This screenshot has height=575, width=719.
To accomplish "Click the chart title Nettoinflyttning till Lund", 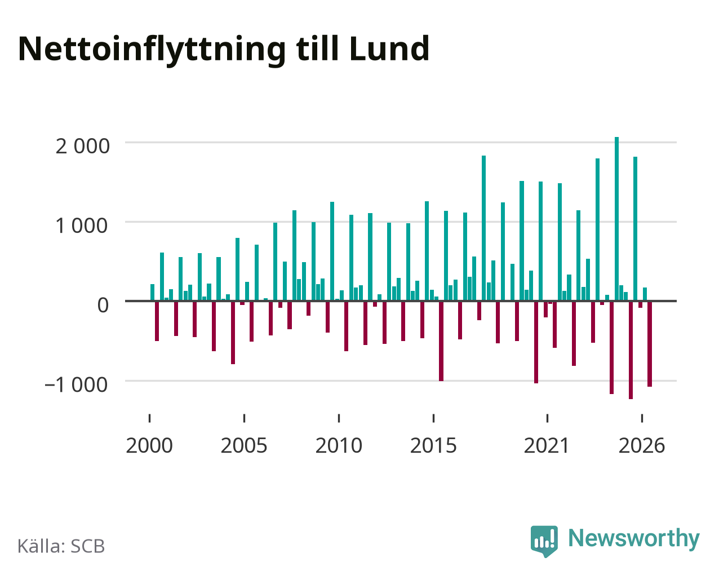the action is click(224, 50).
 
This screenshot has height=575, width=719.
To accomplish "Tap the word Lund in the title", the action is click(389, 48).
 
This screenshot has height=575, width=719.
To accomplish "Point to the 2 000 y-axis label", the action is click(82, 147).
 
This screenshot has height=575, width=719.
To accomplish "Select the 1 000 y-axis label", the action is click(82, 225).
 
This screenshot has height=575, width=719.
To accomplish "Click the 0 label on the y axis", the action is click(103, 305).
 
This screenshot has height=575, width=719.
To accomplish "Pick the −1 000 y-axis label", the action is click(76, 385).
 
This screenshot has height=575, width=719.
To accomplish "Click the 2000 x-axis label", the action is click(149, 446).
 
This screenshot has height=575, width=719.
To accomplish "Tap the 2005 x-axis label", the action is click(244, 446).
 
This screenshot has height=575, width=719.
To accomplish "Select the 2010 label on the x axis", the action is click(339, 446).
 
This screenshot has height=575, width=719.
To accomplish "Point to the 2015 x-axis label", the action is click(433, 446).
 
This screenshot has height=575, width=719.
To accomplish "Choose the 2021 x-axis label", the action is click(547, 446).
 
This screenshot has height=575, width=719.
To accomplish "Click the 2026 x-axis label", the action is click(642, 446).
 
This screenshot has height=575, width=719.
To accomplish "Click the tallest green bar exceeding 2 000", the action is click(617, 219).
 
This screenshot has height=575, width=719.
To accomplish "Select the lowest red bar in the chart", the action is click(631, 350).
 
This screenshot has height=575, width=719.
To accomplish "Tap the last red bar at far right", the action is click(650, 344).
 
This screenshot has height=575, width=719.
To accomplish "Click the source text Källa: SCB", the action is click(61, 546).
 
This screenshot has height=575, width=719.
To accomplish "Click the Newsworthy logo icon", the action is click(544, 541).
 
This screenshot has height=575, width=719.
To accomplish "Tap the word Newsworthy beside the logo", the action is click(634, 539).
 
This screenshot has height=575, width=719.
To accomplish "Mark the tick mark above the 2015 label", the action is click(434, 418).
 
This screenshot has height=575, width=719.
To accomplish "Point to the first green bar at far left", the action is click(152, 293).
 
